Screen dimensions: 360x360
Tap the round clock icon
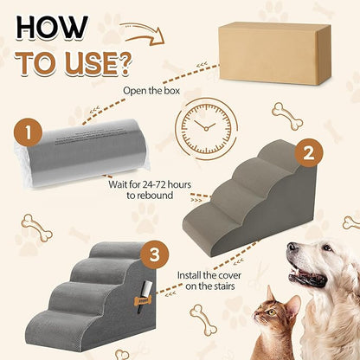pyautogui.click(x=209, y=130)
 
